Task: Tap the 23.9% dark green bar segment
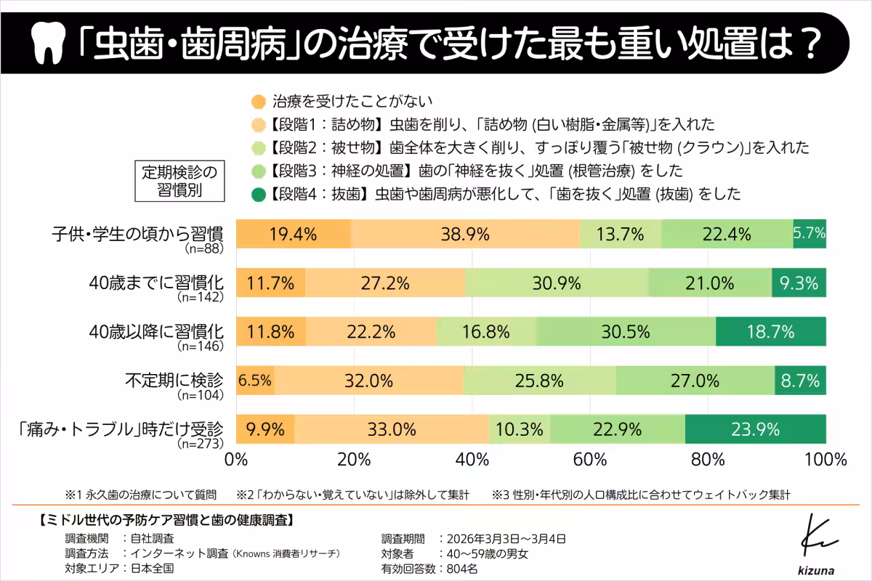tap(756, 428)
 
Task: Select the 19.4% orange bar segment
tap(294, 233)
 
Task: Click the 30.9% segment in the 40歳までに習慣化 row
tap(556, 282)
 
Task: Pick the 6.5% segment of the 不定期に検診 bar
tap(255, 379)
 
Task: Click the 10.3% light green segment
tap(520, 428)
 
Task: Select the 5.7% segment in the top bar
tap(810, 233)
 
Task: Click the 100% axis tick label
tap(825, 460)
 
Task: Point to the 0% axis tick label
tap(238, 460)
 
